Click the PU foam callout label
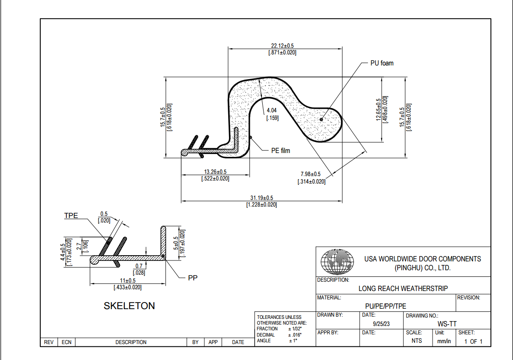(381, 63)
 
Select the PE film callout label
(280, 151)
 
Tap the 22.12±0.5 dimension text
(283, 46)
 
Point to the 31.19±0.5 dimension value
(261, 198)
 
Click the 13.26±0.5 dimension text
(215, 172)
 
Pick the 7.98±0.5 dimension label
(310, 174)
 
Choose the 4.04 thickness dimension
(272, 110)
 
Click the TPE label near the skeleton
(71, 216)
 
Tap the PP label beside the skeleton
(192, 278)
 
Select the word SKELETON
(129, 306)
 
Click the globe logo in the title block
(337, 261)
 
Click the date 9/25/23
(381, 324)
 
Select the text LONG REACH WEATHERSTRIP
(403, 288)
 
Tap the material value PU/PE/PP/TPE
(386, 306)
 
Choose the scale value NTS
(417, 341)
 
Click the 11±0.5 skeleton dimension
(128, 280)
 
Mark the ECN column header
(66, 342)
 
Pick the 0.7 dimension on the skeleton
(139, 266)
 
